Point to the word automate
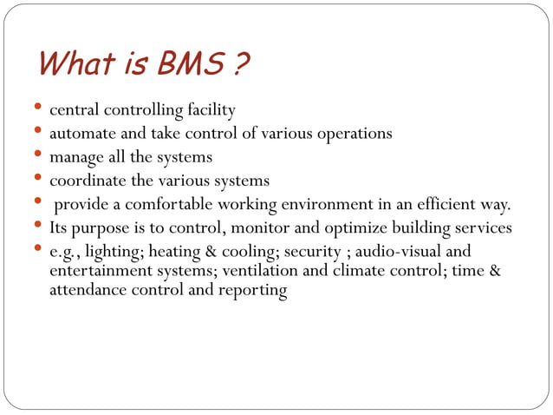81,134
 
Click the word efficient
457,204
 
